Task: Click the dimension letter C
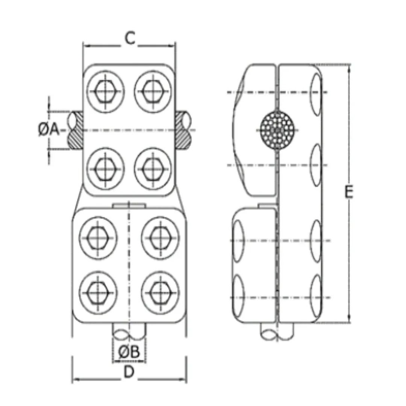pos(129,39)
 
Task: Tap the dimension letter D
pos(129,372)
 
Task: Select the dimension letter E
pos(349,192)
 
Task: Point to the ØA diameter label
pos(49,130)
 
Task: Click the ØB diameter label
pos(129,352)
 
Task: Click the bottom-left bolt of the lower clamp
pos(98,291)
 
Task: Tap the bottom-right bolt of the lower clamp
pos(160,291)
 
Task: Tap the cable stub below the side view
pos(277,332)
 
